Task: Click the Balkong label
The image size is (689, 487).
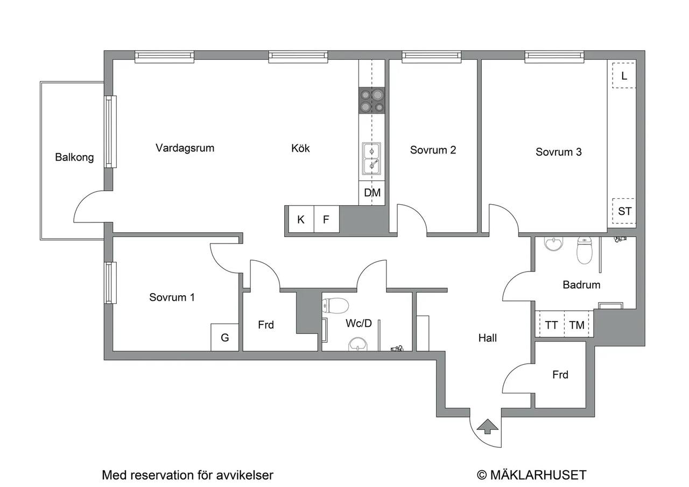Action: tap(74, 157)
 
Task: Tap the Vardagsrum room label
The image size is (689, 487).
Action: tap(185, 148)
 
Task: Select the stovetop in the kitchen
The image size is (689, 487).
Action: tap(372, 100)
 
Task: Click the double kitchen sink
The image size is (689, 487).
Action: tap(371, 159)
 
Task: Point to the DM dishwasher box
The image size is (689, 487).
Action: tap(372, 193)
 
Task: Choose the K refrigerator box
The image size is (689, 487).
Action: tap(301, 219)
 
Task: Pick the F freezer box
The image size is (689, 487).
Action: tap(327, 219)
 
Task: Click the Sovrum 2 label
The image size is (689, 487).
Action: tap(433, 150)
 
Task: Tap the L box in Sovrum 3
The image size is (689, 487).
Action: tap(624, 75)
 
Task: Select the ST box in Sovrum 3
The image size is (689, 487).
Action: tap(624, 211)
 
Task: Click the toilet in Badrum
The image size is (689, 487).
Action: tap(585, 250)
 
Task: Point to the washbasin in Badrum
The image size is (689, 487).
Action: tap(554, 244)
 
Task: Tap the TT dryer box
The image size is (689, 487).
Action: tap(552, 325)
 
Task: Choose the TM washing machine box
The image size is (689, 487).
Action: tap(577, 325)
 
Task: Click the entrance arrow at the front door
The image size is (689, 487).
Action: tap(487, 426)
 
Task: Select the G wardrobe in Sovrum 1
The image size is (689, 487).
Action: tap(225, 337)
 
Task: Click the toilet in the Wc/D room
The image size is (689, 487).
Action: tap(335, 305)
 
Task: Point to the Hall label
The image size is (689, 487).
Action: tap(488, 338)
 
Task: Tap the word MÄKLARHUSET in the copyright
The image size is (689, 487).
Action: tap(538, 475)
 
